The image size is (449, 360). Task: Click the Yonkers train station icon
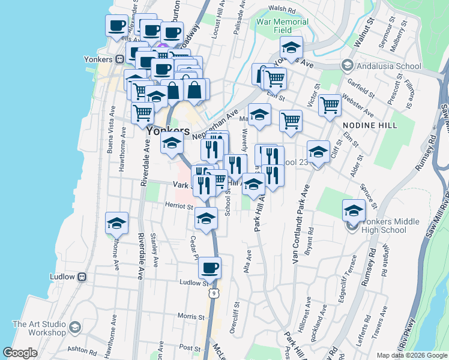tap(119, 59)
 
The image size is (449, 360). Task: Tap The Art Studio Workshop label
tap(39, 328)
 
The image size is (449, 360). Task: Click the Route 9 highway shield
tap(214, 293)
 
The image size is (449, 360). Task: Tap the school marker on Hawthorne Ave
tap(116, 223)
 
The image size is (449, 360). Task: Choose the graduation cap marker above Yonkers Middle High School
tap(354, 210)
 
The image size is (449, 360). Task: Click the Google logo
tap(20, 353)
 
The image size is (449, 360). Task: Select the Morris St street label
tap(191, 316)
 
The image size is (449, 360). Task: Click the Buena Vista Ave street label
tap(110, 130)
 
